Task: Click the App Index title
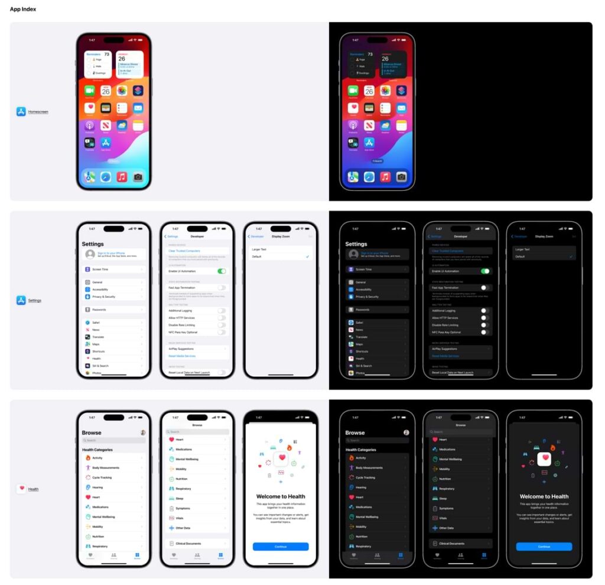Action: [23, 9]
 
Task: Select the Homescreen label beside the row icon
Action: [38, 112]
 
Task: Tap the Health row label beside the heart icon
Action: [34, 489]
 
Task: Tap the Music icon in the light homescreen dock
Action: [122, 177]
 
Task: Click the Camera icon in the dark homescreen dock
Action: [401, 177]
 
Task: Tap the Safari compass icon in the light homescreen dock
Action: [105, 177]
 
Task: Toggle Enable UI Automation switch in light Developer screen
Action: [222, 271]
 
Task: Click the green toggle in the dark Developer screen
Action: [485, 271]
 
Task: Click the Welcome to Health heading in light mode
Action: [281, 496]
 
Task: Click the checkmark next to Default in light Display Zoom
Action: [308, 256]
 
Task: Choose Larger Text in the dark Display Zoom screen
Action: [523, 249]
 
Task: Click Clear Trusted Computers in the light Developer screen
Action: [184, 251]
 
